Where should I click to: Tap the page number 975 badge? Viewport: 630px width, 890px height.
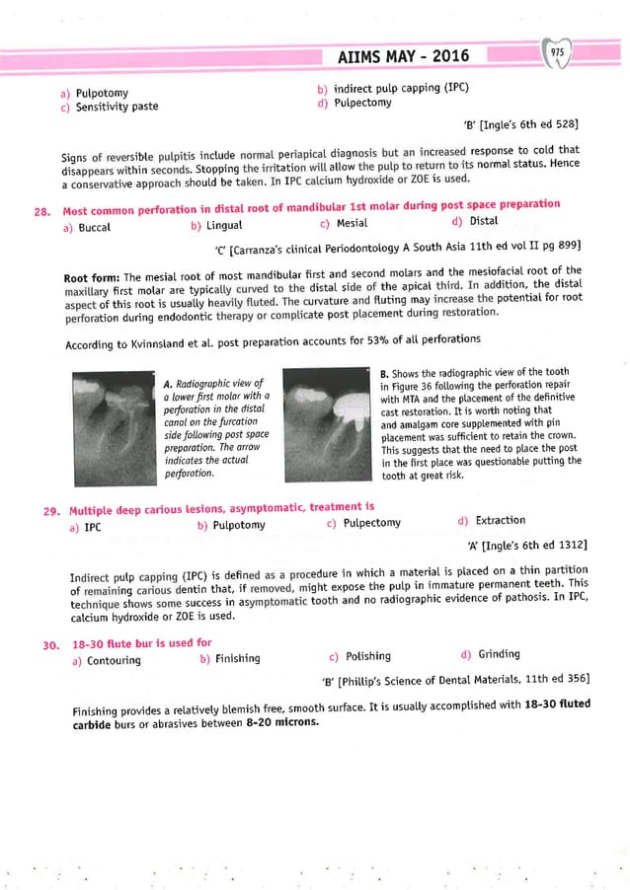tap(558, 50)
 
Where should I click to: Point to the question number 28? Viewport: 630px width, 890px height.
tap(40, 208)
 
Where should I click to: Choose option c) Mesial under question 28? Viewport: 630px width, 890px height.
tap(346, 222)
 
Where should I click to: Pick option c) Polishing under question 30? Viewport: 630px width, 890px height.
tap(360, 656)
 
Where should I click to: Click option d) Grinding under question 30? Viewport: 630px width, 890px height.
tap(492, 655)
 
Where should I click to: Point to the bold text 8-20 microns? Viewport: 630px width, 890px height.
tap(280, 721)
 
